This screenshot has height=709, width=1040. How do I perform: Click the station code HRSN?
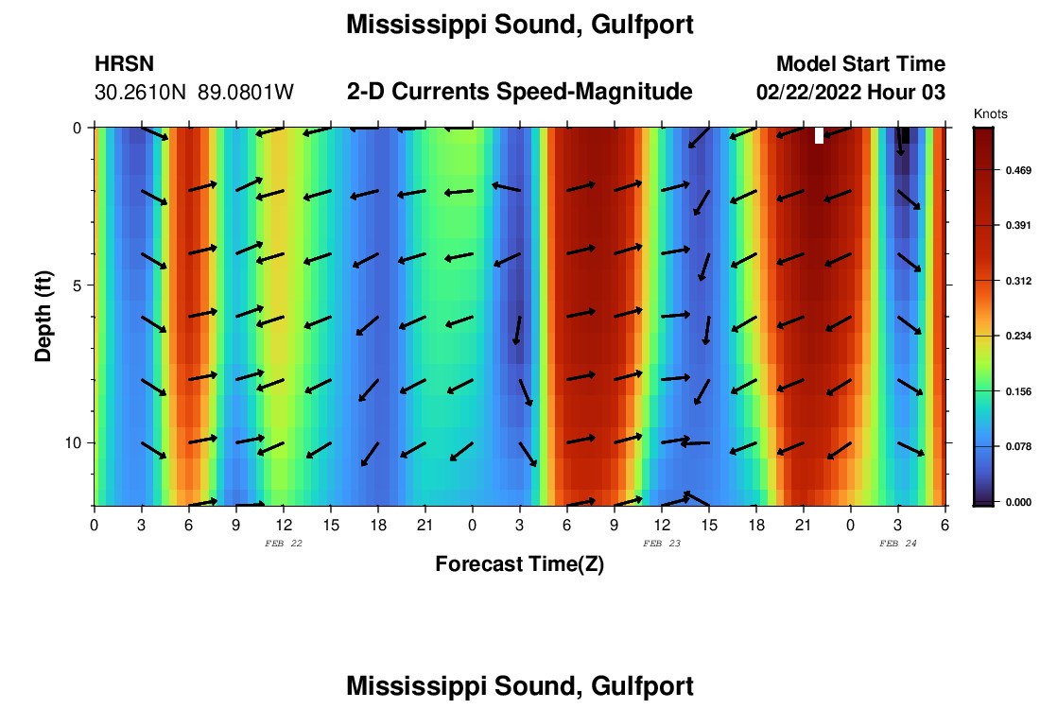tap(125, 64)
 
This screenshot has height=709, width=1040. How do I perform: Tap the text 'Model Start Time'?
tap(860, 64)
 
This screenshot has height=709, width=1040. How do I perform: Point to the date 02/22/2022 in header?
tap(815, 93)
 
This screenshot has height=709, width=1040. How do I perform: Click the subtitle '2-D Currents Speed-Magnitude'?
tap(520, 92)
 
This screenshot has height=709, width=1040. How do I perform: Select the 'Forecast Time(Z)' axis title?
tap(519, 564)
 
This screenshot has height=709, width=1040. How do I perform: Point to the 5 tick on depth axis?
tap(78, 285)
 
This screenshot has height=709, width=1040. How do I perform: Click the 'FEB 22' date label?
tap(284, 543)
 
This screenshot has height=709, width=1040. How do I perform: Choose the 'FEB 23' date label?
tap(662, 543)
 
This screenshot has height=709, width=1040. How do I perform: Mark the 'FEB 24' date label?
tap(898, 543)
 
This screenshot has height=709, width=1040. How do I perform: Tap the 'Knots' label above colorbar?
tap(991, 113)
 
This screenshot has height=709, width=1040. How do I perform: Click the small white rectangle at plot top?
tap(819, 135)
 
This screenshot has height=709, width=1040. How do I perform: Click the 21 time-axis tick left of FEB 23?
tap(425, 524)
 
